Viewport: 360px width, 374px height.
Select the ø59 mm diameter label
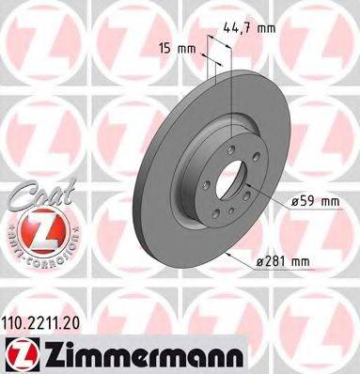313,200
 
